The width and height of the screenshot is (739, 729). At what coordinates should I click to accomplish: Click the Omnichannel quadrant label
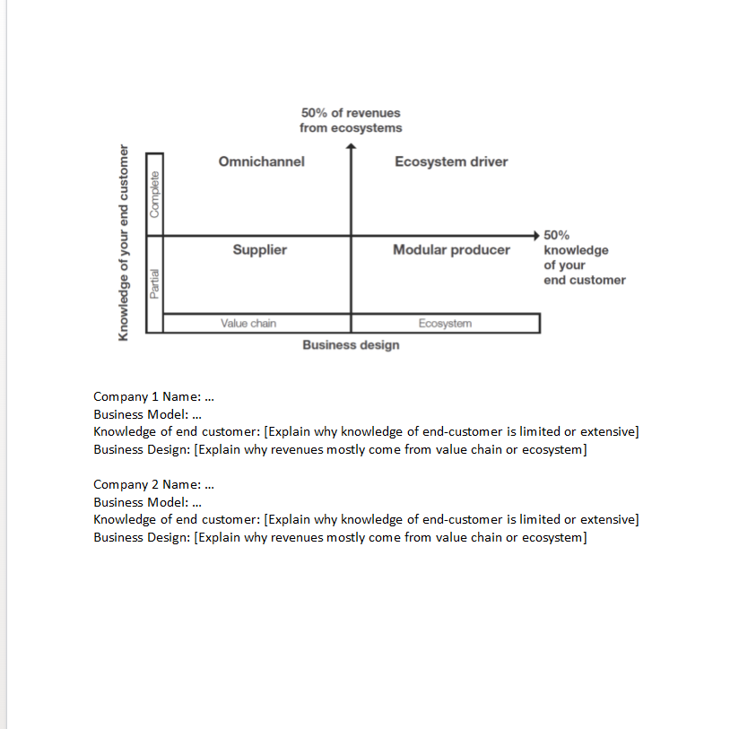(x=261, y=161)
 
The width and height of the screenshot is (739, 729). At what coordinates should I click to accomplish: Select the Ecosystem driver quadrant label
(x=451, y=161)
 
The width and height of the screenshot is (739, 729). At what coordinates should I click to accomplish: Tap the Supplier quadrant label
(x=260, y=249)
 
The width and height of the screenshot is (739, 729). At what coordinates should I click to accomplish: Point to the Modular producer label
(x=451, y=249)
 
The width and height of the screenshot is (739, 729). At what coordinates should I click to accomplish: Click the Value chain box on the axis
(x=248, y=323)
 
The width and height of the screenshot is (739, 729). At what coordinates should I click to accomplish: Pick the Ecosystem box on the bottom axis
(x=445, y=323)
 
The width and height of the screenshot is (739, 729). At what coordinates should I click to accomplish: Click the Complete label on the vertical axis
(x=155, y=193)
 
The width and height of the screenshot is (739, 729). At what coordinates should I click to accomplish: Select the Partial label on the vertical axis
(x=155, y=283)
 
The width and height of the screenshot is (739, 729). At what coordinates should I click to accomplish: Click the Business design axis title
(x=351, y=345)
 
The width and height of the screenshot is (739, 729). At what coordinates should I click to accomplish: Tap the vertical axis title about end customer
(x=124, y=242)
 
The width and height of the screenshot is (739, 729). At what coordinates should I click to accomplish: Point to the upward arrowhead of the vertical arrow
(x=351, y=150)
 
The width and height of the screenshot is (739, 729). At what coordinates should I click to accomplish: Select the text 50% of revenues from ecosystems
(x=351, y=120)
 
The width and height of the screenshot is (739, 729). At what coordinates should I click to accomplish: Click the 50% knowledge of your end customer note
(x=584, y=257)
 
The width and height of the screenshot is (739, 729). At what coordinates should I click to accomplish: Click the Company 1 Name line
(x=154, y=396)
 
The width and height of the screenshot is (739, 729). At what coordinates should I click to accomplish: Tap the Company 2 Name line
(x=154, y=484)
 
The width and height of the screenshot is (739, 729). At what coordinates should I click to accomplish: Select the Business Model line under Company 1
(x=147, y=414)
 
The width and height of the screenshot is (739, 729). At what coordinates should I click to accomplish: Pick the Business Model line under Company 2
(x=147, y=502)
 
